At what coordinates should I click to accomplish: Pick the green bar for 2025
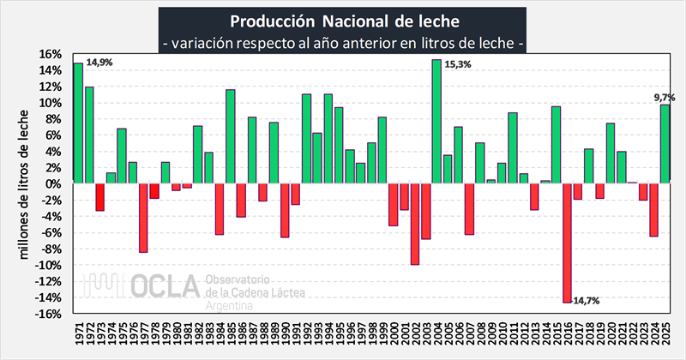click(x=665, y=144)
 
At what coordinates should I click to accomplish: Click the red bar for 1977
click(x=143, y=218)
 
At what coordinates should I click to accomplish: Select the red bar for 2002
click(x=415, y=224)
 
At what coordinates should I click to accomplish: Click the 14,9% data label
click(x=99, y=62)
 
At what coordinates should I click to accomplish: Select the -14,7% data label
click(x=587, y=301)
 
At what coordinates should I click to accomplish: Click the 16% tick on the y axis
click(x=48, y=54)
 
